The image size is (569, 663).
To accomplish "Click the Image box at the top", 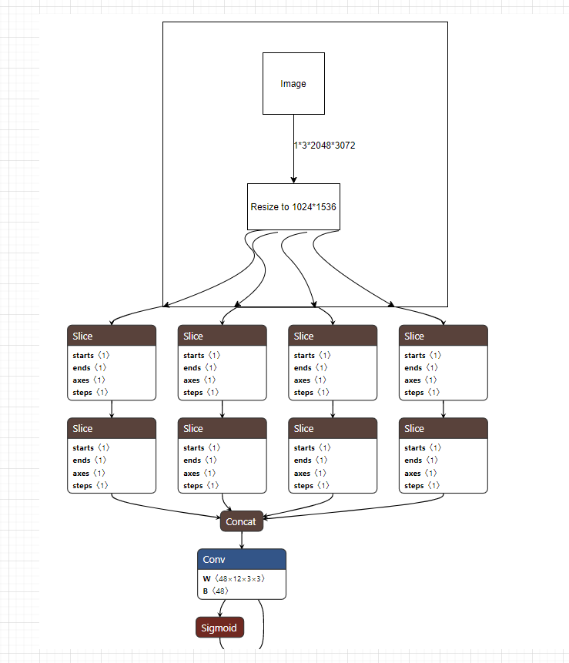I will [293, 83].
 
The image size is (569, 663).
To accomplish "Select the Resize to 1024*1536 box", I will [293, 206].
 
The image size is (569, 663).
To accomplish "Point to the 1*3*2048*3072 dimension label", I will [324, 145].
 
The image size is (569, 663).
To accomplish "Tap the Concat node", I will [242, 521].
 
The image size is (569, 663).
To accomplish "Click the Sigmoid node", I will [219, 628].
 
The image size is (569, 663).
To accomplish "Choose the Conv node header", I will [242, 559].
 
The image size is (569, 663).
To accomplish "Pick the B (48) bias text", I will [216, 591].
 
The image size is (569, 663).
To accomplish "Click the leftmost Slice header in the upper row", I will [112, 336].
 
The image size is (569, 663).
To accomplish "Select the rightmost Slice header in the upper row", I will [443, 336].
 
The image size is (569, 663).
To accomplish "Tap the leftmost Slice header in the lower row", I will [112, 428].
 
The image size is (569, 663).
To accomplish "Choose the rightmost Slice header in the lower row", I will [443, 428].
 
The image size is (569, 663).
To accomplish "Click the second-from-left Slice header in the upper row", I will [223, 336].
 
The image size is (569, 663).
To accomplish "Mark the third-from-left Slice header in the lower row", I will [333, 428].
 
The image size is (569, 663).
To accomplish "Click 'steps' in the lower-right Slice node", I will [415, 485].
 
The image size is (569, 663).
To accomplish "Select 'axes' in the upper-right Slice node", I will [413, 380].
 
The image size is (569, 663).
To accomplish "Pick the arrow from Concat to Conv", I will [242, 540].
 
